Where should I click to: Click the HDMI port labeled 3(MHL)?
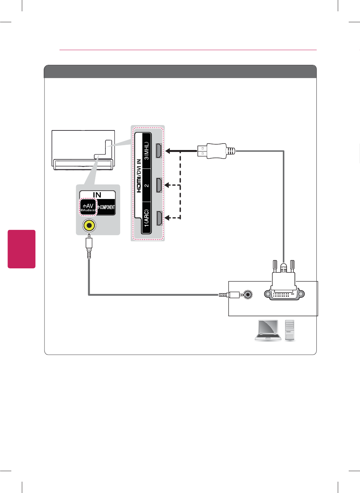pyautogui.click(x=159, y=151)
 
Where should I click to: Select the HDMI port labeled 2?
pyautogui.click(x=159, y=185)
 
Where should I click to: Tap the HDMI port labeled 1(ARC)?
pyautogui.click(x=159, y=218)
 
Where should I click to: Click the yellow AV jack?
pyautogui.click(x=89, y=225)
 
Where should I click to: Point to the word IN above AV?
pyautogui.click(x=97, y=195)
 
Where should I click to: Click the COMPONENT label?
pyautogui.click(x=107, y=207)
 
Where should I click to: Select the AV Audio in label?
pyautogui.click(x=88, y=207)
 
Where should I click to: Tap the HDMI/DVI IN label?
pyautogui.click(x=139, y=176)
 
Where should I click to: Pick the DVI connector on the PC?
pyautogui.click(x=284, y=290)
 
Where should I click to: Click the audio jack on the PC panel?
pyautogui.click(x=247, y=294)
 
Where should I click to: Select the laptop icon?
pyautogui.click(x=268, y=330)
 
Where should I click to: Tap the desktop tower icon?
pyautogui.click(x=290, y=330)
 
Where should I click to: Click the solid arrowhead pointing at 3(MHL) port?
pyautogui.click(x=168, y=151)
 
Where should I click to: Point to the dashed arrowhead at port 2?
pyautogui.click(x=167, y=185)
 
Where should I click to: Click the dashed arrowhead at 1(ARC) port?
pyautogui.click(x=167, y=218)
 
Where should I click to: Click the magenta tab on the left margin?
pyautogui.click(x=21, y=249)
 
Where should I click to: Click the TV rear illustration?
pyautogui.click(x=83, y=150)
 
